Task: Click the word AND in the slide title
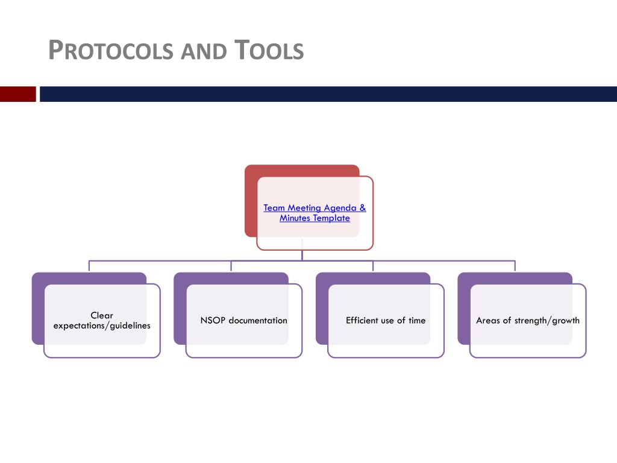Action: (204, 52)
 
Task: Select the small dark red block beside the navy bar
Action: (17, 94)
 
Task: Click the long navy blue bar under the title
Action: (328, 94)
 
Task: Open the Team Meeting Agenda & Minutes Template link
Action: (315, 213)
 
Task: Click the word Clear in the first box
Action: (102, 315)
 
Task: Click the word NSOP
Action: (213, 321)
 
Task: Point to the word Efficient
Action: (362, 321)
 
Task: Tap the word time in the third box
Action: (417, 321)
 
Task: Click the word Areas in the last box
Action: (487, 321)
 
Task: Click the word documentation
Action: (258, 321)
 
